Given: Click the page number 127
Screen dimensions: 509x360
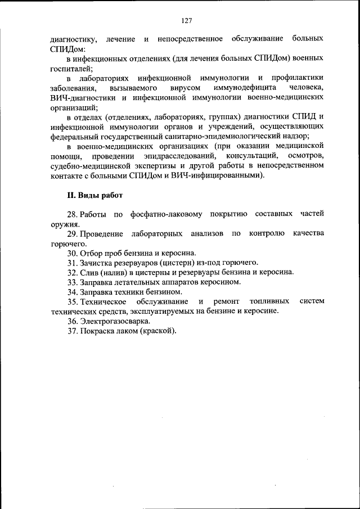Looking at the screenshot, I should [x=187, y=21].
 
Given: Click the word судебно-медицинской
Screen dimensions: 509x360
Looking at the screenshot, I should [x=86, y=165].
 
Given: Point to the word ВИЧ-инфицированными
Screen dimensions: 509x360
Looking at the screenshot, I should [x=219, y=175].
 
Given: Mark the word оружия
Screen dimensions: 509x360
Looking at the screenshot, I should [x=62, y=224].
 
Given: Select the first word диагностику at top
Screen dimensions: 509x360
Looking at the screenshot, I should [x=74, y=39].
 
